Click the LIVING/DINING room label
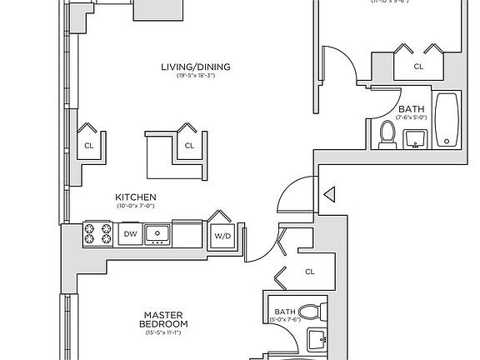point(196,67)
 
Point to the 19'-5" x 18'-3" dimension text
point(196,77)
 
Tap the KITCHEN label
point(136,197)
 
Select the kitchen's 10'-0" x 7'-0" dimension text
point(136,206)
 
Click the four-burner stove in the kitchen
point(98,234)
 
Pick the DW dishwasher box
point(129,235)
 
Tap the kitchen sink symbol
point(157,235)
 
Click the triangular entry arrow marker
point(328,196)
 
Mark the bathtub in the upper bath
point(447,121)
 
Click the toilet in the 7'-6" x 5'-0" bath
point(387,135)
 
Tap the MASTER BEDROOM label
point(163,319)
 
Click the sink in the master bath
point(317,341)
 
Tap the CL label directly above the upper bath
point(418,65)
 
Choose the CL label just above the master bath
point(310,272)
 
